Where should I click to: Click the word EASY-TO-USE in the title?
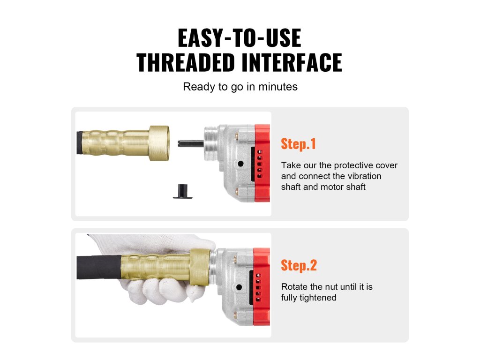click(240, 38)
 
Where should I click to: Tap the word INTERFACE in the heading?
click(292, 62)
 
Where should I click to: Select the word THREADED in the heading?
click(186, 62)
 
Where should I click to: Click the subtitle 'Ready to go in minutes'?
click(240, 87)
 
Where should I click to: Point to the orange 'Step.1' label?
click(298, 144)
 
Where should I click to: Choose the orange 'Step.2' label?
click(299, 265)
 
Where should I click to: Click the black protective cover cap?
click(183, 192)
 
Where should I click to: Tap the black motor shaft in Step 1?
click(190, 143)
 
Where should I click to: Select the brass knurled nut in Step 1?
click(159, 143)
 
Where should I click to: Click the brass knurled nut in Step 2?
click(199, 267)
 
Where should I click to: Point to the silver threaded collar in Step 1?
click(211, 144)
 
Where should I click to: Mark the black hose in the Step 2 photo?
click(99, 267)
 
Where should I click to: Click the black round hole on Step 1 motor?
click(240, 164)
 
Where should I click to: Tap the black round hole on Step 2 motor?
click(239, 287)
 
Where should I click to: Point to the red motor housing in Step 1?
click(262, 163)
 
